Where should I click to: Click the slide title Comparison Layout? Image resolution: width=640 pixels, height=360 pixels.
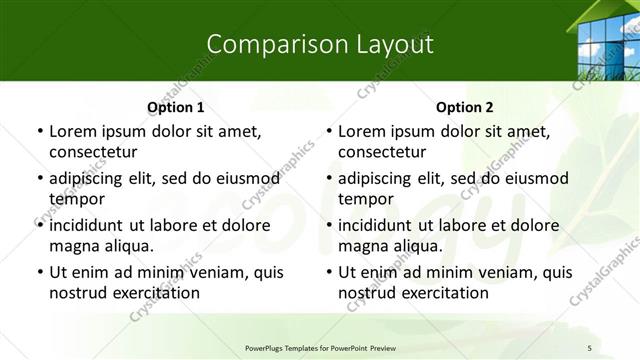coord(320,44)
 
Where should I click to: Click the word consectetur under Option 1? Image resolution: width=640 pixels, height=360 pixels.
coord(93,152)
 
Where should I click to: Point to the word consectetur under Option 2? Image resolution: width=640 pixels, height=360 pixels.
coord(382,152)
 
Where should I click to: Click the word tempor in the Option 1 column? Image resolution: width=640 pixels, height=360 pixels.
coord(76,199)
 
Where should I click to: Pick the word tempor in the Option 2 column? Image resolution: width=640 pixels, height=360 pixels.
coord(365,199)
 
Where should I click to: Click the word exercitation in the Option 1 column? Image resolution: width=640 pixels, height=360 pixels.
coord(155,293)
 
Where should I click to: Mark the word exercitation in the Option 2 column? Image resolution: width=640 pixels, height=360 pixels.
coord(444,293)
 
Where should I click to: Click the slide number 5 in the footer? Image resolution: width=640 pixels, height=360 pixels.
coord(589,347)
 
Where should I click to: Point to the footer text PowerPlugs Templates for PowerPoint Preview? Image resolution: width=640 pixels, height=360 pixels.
coord(319,347)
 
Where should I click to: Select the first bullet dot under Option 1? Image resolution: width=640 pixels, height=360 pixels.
coord(39,131)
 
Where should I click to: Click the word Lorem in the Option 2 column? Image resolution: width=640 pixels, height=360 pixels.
coord(361,131)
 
